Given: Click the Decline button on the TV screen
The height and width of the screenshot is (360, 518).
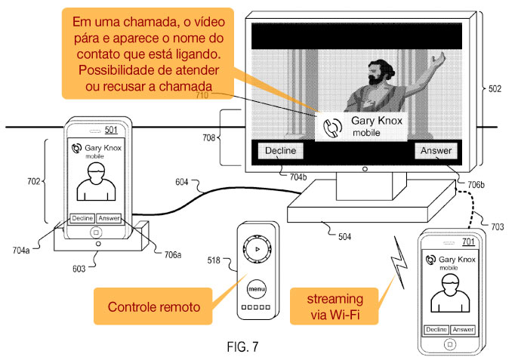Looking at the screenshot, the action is point(280,151).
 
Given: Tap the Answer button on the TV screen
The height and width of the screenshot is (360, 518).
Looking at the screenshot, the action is point(436,151).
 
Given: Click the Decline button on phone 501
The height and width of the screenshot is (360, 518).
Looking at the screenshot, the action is point(82,218).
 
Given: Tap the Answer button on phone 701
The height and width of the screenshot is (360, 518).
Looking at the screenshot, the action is point(463,330).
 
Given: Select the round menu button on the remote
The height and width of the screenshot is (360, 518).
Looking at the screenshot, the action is point(257,289).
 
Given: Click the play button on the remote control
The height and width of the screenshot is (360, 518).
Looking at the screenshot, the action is point(257,249).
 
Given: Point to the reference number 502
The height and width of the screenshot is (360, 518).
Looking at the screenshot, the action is point(495,89).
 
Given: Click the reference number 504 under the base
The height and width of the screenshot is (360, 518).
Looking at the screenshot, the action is point(344,237).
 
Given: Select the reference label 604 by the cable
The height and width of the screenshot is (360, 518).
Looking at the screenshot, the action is point(182,182).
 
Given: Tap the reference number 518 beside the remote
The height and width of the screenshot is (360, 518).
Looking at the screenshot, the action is point(214,260).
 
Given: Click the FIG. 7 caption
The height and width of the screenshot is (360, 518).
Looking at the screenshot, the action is point(243,347).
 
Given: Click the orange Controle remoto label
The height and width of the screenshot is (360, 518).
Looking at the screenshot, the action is point(153,306).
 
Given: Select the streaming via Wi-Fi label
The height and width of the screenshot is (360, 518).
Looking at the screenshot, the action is point(335,306).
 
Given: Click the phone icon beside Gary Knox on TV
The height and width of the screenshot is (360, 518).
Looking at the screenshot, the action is point(332,128).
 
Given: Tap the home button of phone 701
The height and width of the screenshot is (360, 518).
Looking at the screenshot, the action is point(449,344).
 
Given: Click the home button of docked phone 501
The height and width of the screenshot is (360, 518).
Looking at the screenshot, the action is point(96,232).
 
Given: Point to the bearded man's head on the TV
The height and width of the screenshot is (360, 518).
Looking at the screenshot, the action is point(381,72).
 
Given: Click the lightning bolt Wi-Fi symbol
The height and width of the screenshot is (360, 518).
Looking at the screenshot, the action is point(399,261).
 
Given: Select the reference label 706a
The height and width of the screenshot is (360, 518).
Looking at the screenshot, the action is point(173,255).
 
